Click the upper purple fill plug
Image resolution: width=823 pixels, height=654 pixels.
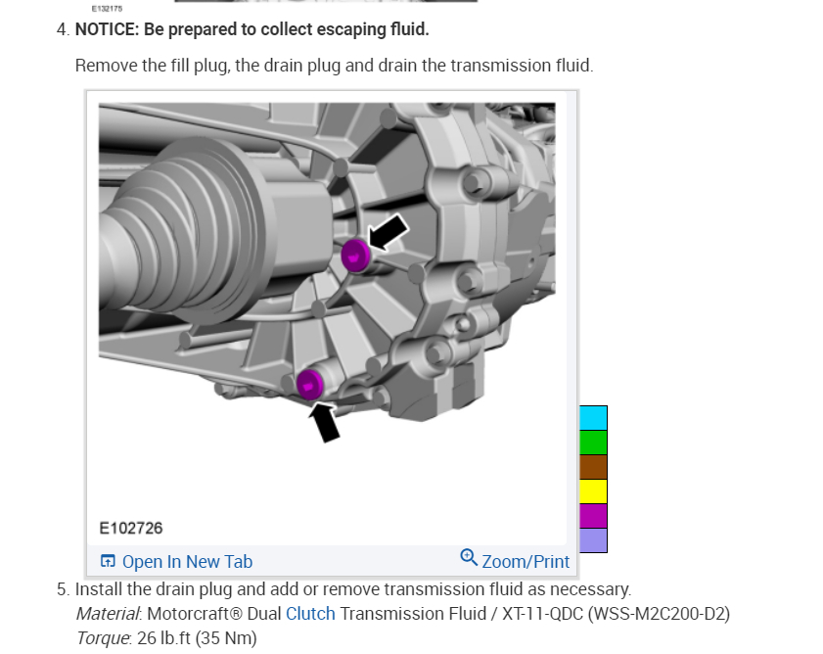(356, 256)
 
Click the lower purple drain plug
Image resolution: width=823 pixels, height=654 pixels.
(310, 384)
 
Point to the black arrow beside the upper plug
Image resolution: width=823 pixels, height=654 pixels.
(388, 232)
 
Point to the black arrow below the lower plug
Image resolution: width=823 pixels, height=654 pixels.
(324, 422)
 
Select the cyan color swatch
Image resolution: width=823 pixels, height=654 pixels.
(593, 418)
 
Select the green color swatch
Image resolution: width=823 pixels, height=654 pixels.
(593, 443)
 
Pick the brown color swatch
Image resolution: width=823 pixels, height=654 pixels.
(593, 467)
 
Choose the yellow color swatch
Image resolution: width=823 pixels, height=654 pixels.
(593, 491)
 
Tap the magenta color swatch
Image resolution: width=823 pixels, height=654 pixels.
(593, 516)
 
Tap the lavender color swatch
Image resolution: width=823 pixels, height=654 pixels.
(593, 540)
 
